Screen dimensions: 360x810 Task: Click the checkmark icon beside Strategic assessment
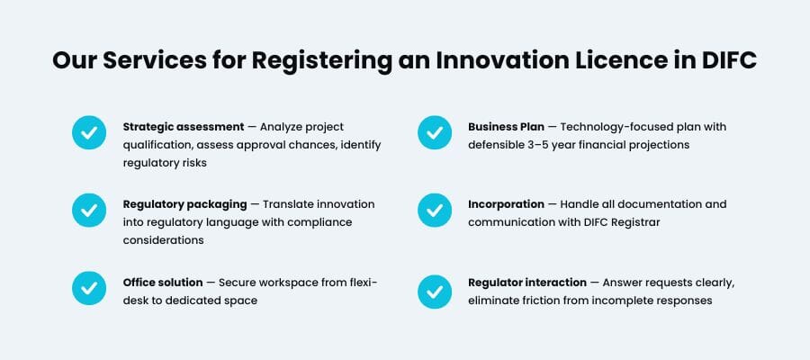pyautogui.click(x=89, y=133)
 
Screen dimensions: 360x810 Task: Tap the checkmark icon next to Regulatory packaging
pyautogui.click(x=89, y=211)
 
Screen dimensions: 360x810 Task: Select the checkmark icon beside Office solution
pyautogui.click(x=89, y=289)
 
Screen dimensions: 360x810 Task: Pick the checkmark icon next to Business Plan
pyautogui.click(x=435, y=133)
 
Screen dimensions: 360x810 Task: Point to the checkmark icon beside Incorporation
pyautogui.click(x=435, y=211)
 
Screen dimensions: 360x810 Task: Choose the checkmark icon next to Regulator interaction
pyautogui.click(x=435, y=289)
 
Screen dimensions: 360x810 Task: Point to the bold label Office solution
pyautogui.click(x=162, y=283)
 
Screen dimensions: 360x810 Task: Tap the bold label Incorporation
pyautogui.click(x=506, y=204)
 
